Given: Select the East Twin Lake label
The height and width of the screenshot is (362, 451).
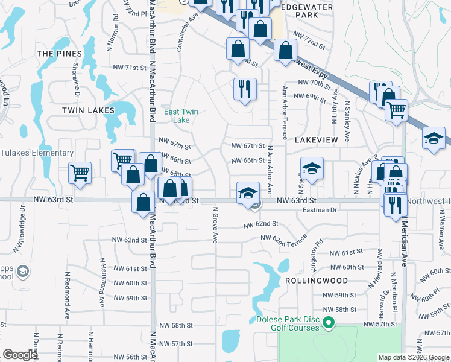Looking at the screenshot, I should [x=181, y=116].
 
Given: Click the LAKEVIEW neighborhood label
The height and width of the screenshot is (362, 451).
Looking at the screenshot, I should [x=317, y=139].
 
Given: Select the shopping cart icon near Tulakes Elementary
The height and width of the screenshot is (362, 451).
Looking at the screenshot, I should [x=80, y=173].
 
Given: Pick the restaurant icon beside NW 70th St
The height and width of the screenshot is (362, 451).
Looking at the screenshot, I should [x=245, y=89].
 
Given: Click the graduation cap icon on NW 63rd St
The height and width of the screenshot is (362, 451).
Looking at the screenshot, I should [x=248, y=193].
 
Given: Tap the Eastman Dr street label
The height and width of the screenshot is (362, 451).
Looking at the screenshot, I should [x=321, y=210].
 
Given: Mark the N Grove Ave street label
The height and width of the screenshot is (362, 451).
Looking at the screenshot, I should [x=215, y=225].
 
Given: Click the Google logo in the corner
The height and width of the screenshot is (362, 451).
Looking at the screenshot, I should [x=20, y=355].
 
